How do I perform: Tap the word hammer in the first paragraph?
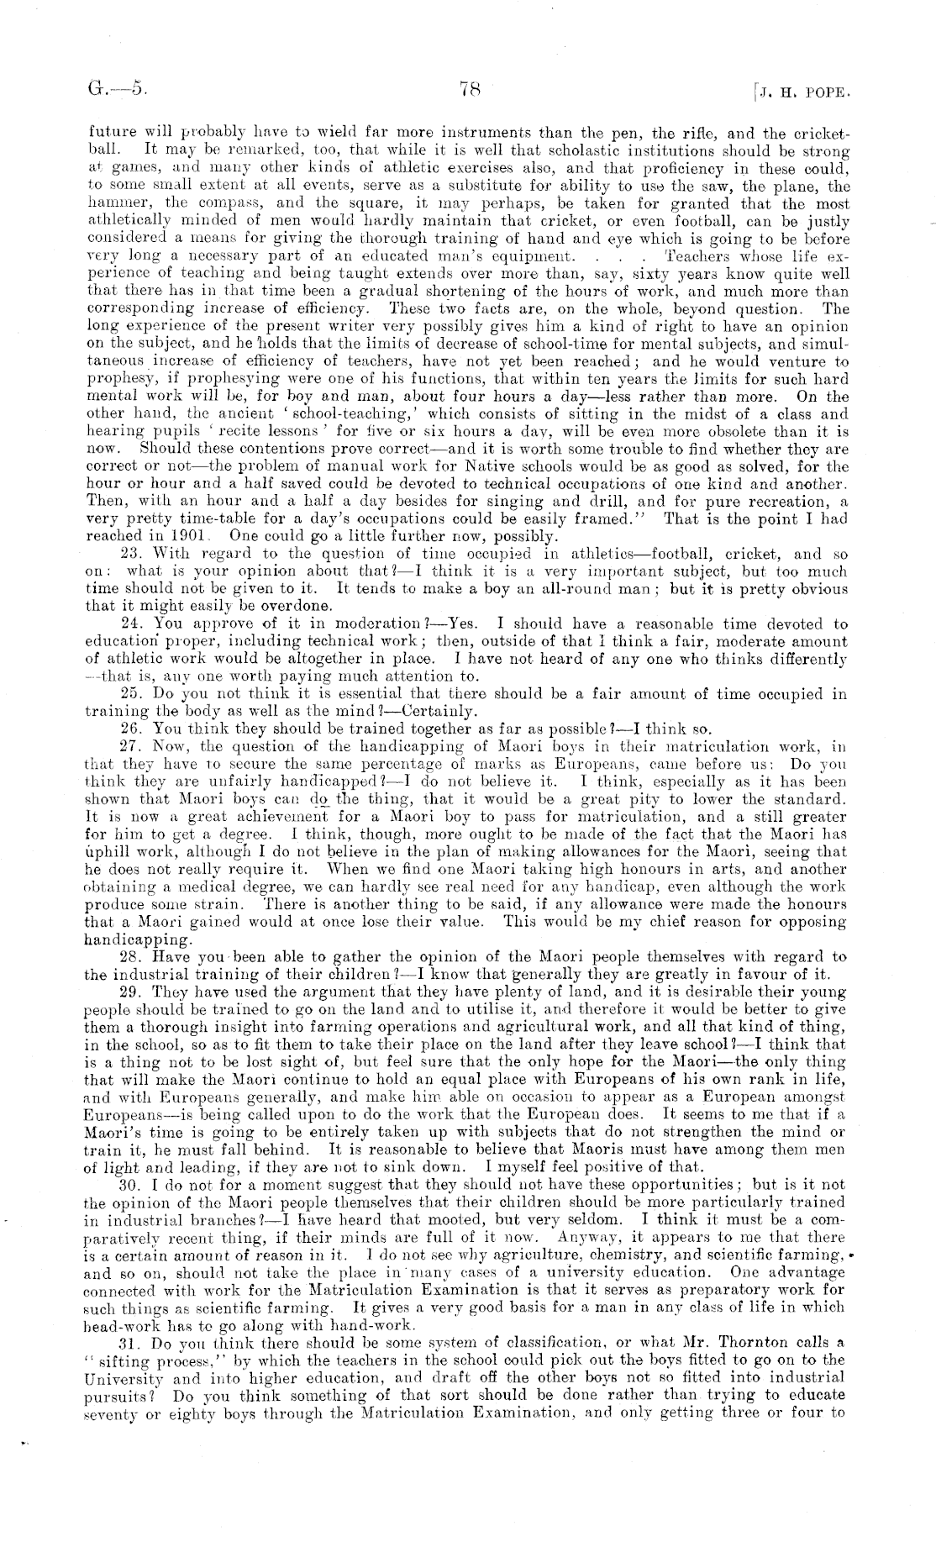pos(111,203)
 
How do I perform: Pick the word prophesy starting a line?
pos(115,380)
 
